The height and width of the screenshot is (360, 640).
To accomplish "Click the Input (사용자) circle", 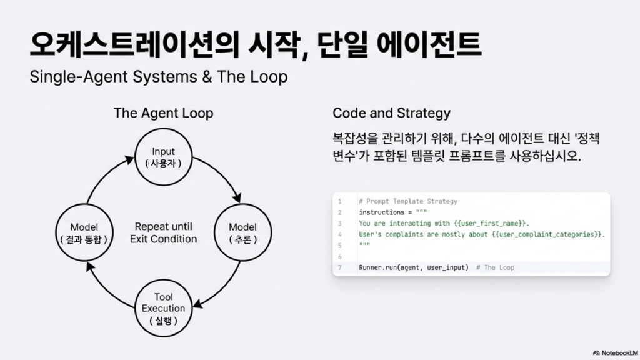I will tap(163, 157).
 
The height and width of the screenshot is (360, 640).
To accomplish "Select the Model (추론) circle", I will tap(242, 232).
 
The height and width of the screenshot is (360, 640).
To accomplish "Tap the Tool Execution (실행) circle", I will tap(163, 308).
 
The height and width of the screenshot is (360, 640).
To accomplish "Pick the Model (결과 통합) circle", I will tap(85, 232).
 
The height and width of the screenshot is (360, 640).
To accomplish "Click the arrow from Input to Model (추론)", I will tap(221, 176).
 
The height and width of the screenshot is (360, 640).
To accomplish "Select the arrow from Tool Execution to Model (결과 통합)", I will tap(105, 288).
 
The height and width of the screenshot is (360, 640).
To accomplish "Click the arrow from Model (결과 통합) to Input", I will tap(105, 176).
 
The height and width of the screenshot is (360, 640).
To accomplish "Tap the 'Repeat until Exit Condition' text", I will tap(163, 232).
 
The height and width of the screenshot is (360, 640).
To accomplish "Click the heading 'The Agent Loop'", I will tap(163, 113).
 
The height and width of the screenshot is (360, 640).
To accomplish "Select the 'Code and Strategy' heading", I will tap(391, 113).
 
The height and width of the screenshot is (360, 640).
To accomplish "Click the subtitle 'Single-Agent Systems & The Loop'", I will tap(159, 77).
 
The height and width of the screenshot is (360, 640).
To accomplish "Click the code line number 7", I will tap(339, 267).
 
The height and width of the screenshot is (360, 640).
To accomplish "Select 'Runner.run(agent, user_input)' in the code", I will tap(414, 267).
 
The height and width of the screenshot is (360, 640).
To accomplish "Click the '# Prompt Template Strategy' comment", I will tap(408, 201).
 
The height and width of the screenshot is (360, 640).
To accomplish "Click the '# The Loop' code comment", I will tap(495, 267).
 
